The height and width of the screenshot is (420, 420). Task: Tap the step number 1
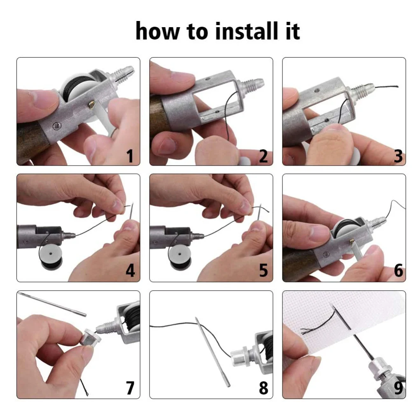[x=130, y=156]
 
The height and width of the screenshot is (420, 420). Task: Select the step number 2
[x=263, y=156]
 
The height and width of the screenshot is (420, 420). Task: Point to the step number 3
[x=398, y=156]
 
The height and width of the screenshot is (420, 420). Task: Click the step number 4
[x=130, y=271]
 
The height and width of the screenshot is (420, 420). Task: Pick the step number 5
[x=263, y=271]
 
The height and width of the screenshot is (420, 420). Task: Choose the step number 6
[x=399, y=271]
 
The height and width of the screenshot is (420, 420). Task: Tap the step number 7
[x=130, y=387]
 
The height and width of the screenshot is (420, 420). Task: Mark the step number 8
[x=263, y=387]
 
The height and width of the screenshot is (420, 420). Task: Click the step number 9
[x=399, y=387]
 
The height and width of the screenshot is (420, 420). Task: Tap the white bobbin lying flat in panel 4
[x=51, y=257]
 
